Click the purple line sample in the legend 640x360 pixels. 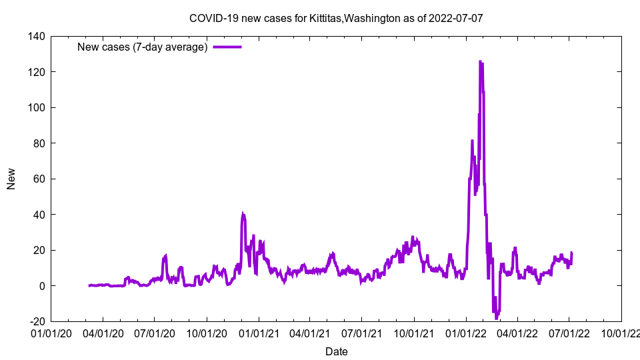[x=227, y=47]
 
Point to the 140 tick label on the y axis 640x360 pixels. [x=37, y=36]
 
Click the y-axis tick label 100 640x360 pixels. [x=37, y=107]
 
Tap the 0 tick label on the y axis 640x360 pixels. [x=42, y=286]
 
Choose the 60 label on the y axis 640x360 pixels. [x=39, y=179]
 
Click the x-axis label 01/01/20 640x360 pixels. [x=51, y=332]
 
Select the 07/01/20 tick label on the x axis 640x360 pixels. [x=155, y=332]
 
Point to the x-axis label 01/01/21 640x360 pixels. [x=259, y=332]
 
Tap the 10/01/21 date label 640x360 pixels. [x=414, y=332]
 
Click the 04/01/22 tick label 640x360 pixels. [x=517, y=332]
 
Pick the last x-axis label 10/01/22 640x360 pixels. [x=621, y=332]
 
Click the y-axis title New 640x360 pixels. [x=11, y=179]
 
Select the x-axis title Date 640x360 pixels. [x=336, y=351]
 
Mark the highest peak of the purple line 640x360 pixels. [x=480, y=61]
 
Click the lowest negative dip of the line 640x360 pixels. [x=497, y=318]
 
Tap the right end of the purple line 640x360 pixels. [x=571, y=253]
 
